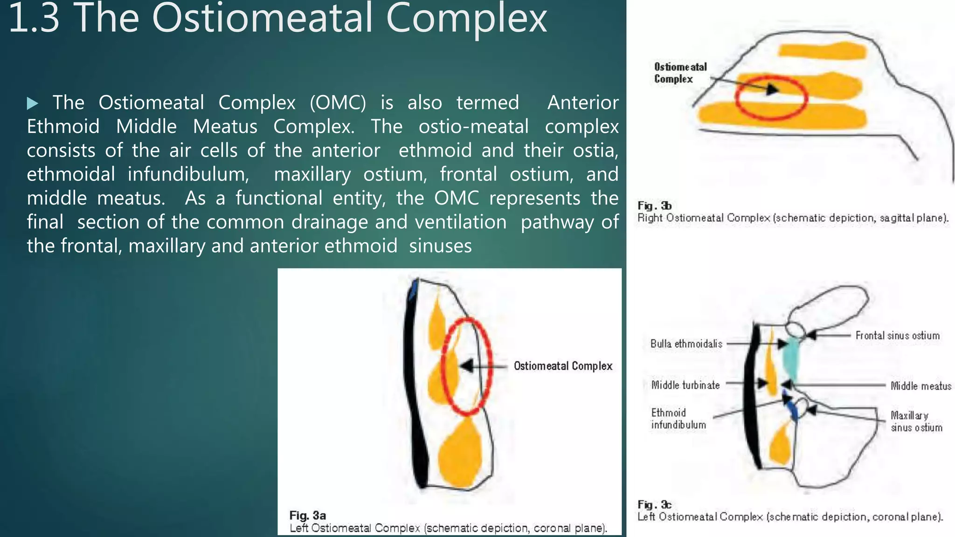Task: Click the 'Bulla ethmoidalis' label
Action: [686, 344]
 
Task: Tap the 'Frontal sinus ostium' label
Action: [897, 336]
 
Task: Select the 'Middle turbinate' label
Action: [685, 385]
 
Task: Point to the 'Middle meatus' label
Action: [920, 386]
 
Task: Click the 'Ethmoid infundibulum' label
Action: [678, 419]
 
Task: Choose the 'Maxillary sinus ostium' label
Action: [916, 421]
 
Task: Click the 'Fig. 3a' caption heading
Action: [307, 516]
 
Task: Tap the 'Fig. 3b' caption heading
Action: [654, 206]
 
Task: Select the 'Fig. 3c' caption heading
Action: [654, 505]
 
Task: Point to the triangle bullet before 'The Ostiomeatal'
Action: [32, 103]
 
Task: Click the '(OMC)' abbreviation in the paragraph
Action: [338, 103]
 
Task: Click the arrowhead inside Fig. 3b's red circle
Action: [772, 89]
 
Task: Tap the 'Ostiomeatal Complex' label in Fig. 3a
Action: [563, 366]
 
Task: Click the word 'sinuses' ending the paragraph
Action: [440, 246]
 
